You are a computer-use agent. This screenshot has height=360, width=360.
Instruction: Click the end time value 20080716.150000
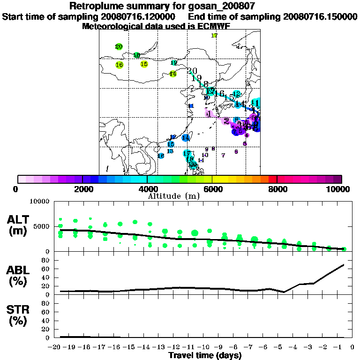320,16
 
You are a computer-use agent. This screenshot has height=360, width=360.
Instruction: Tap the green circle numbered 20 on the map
119,46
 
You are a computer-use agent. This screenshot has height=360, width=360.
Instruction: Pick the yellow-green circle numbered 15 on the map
144,64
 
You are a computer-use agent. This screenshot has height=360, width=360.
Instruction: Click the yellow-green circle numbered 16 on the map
120,65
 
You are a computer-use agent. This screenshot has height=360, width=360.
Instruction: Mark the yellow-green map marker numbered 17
214,36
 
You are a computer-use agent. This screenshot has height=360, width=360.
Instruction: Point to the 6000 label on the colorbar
212,189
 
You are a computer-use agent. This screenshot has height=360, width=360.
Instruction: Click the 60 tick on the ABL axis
45,269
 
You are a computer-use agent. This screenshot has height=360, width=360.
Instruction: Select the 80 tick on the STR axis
45,303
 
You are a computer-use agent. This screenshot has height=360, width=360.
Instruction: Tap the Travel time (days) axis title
205,356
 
